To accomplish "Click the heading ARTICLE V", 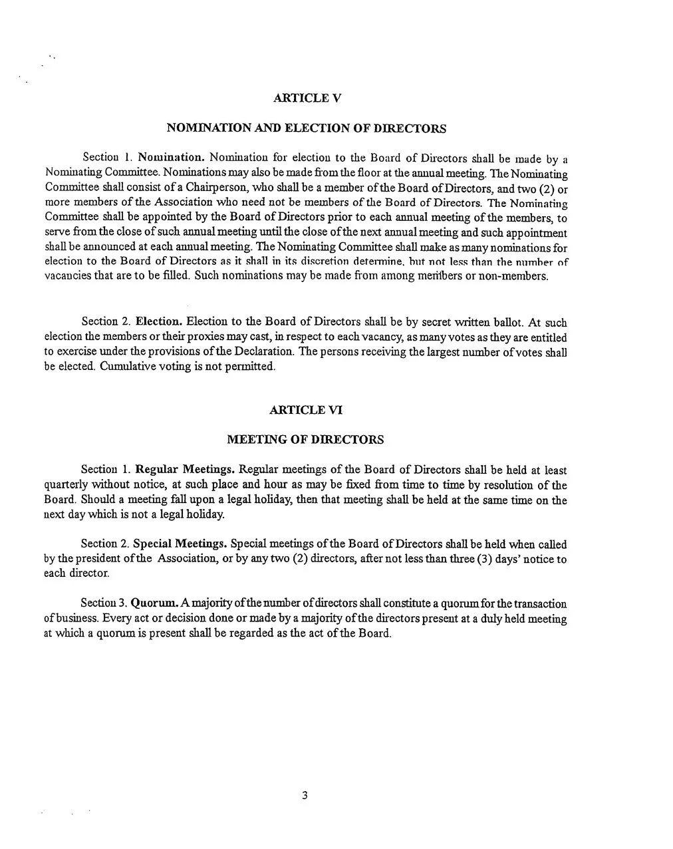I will pyautogui.click(x=307, y=98).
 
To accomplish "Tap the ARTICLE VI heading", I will pyautogui.click(x=306, y=410).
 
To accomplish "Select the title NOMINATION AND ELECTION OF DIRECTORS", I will pyautogui.click(x=306, y=128).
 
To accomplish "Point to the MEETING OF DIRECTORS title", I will pyautogui.click(x=305, y=440).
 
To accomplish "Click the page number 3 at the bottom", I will pyautogui.click(x=305, y=795).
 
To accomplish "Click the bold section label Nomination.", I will pyautogui.click(x=171, y=158).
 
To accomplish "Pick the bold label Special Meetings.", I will pyautogui.click(x=180, y=544).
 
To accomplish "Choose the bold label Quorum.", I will pyautogui.click(x=154, y=603).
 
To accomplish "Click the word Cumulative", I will pyautogui.click(x=125, y=367).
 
